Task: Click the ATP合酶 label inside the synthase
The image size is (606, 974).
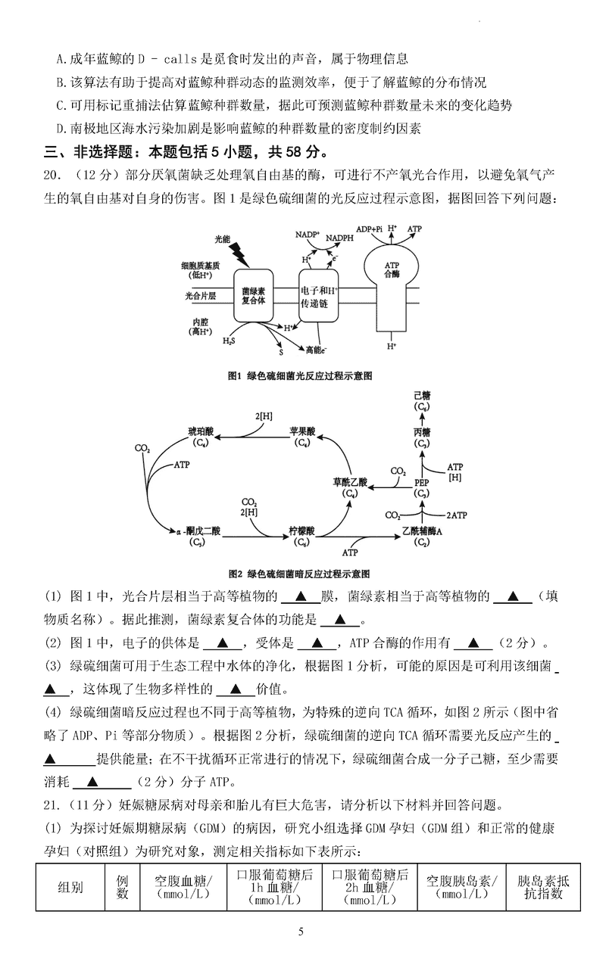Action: tap(391, 269)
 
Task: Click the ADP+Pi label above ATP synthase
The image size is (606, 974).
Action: tap(370, 228)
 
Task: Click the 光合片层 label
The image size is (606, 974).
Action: tap(201, 295)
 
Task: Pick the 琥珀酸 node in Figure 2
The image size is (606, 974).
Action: tap(200, 436)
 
